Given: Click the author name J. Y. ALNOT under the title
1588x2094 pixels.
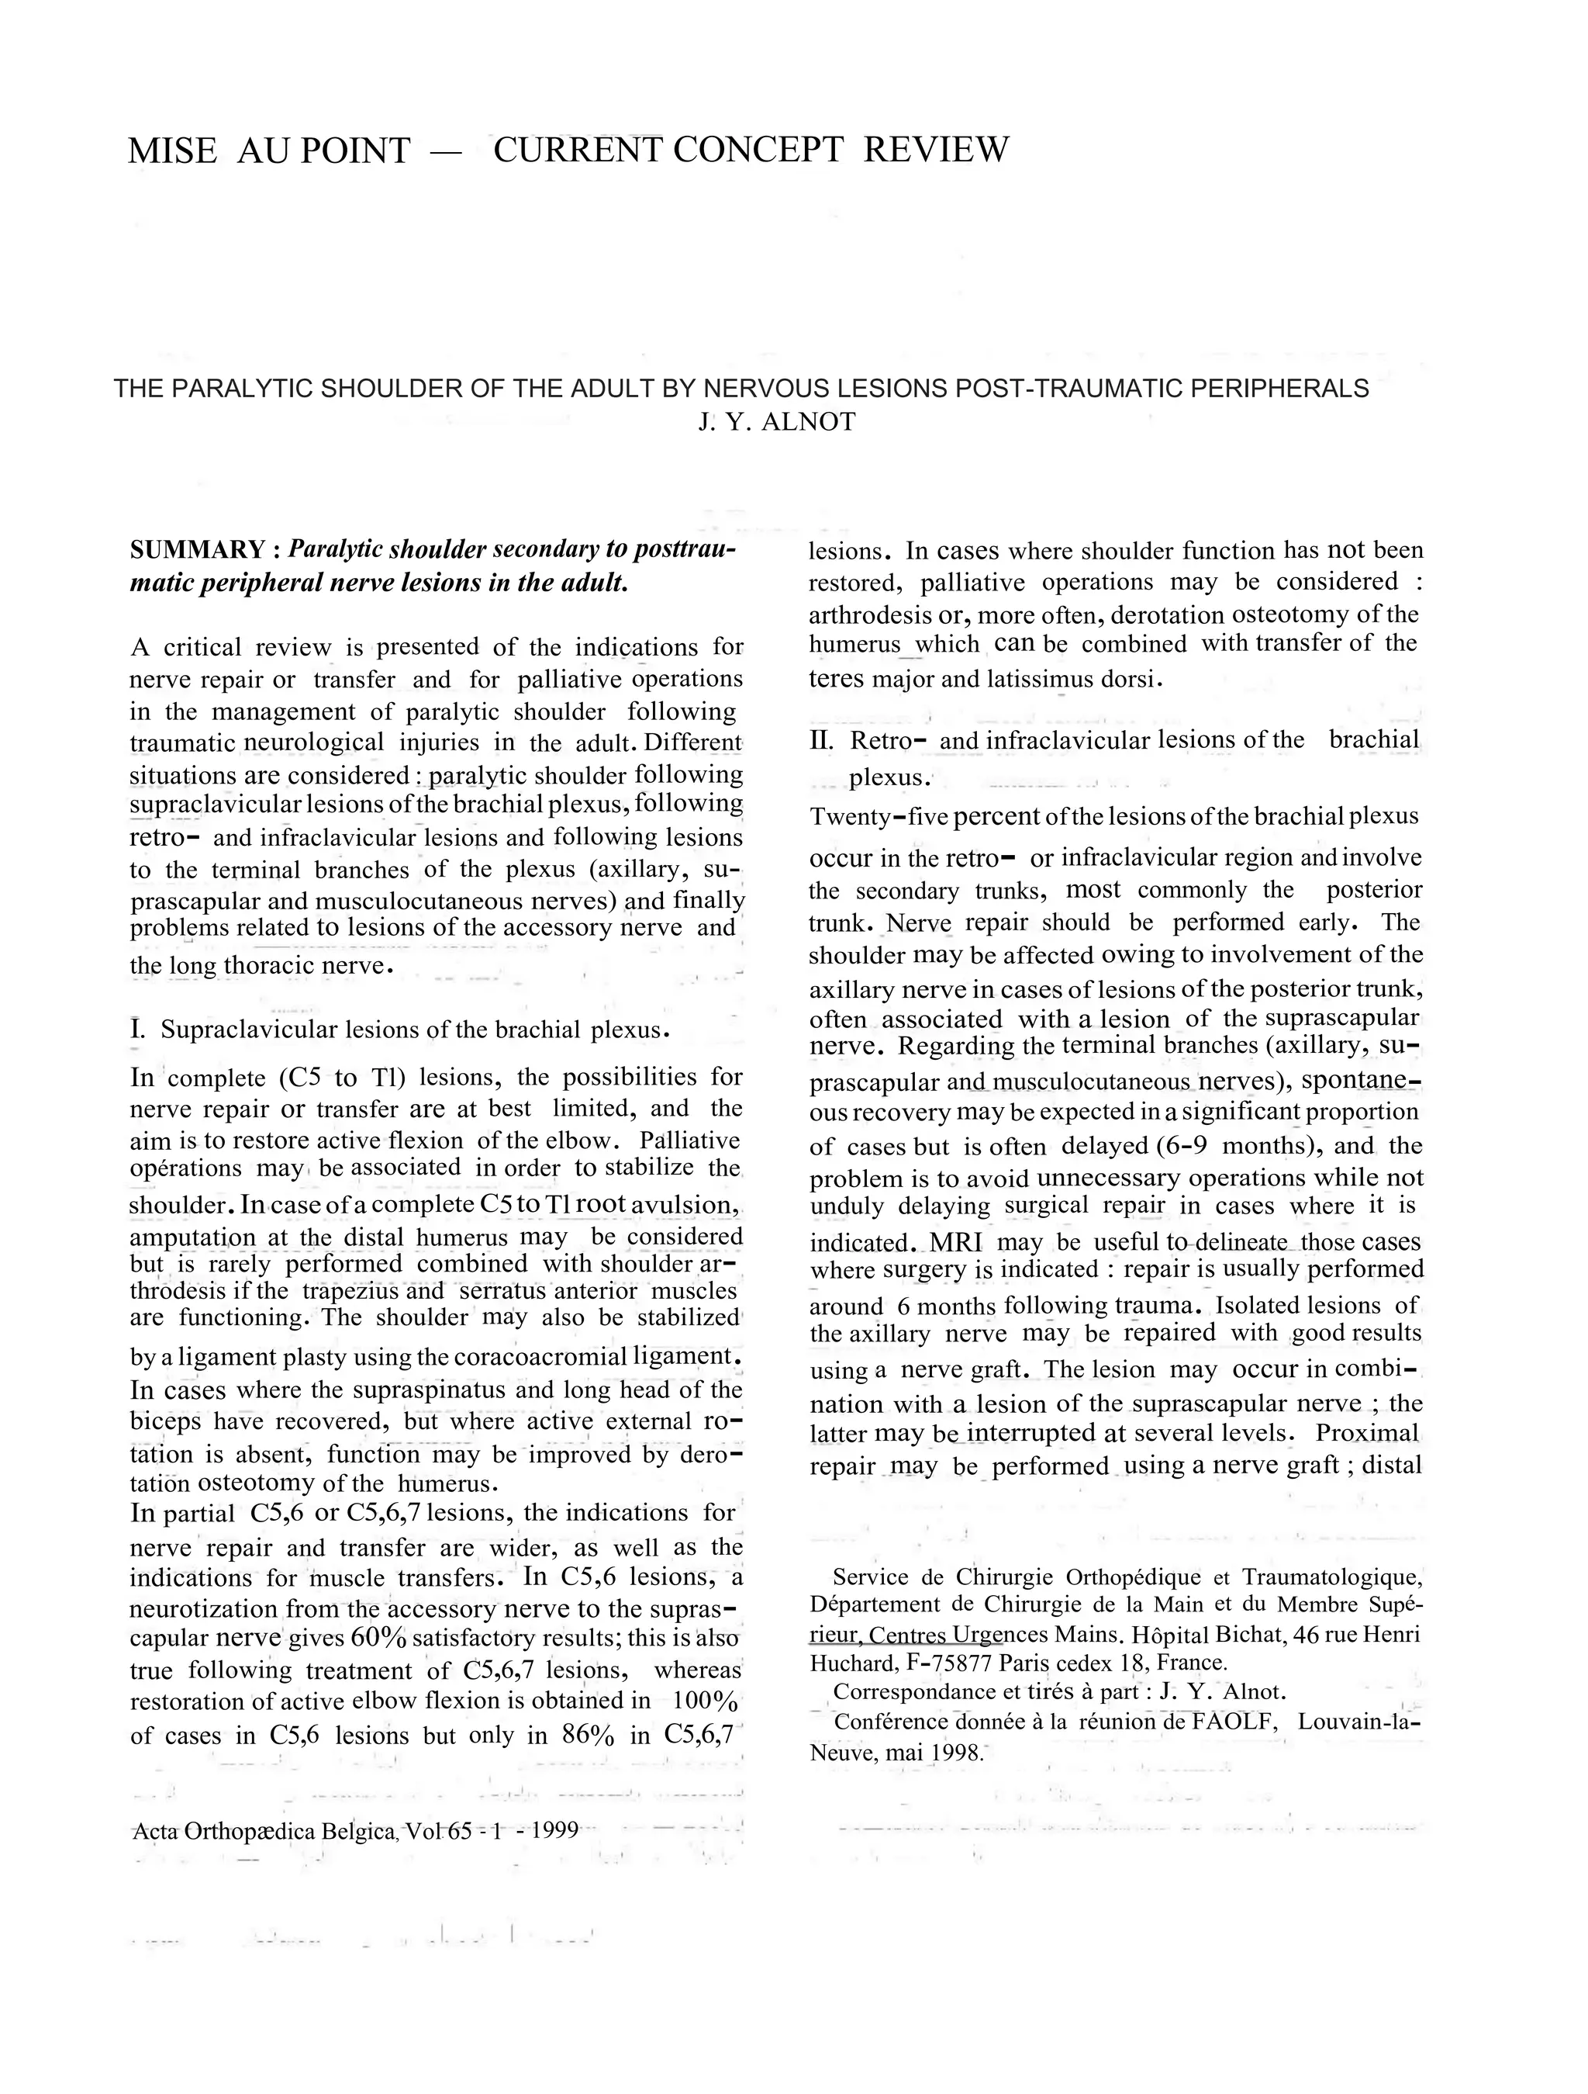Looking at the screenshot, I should pyautogui.click(x=776, y=422).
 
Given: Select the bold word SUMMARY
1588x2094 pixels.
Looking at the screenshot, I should pyautogui.click(x=198, y=550).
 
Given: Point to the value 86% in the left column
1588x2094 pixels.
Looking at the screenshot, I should pyautogui.click(x=588, y=1736).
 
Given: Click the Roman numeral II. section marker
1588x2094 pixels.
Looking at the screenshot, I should pyautogui.click(x=820, y=740).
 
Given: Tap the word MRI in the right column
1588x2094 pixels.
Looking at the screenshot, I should pyautogui.click(x=956, y=1242).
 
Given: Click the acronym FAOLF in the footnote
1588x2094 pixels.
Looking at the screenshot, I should pyautogui.click(x=1234, y=1721).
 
